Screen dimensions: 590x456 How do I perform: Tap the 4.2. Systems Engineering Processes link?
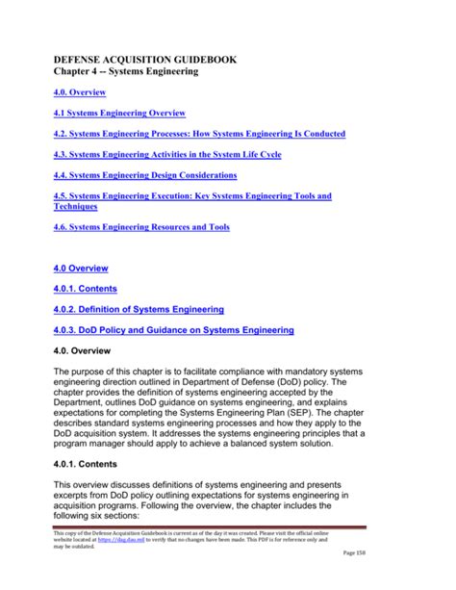(198, 133)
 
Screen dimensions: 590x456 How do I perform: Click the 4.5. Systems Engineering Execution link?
(192, 195)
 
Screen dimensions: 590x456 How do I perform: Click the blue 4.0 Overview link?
(81, 268)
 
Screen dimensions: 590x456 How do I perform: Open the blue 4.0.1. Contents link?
(88, 288)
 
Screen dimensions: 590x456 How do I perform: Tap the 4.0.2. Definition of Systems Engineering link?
(139, 309)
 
